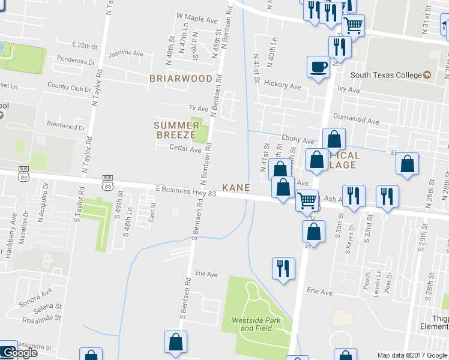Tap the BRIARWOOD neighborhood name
pos(181,79)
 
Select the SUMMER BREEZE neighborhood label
pos(176,130)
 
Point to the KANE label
pos(236,188)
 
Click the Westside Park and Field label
pos(256,325)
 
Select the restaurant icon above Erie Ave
pos(283,268)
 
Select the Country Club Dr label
pos(67,88)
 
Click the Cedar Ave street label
pos(185,149)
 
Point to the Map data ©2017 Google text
pos(412,355)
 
